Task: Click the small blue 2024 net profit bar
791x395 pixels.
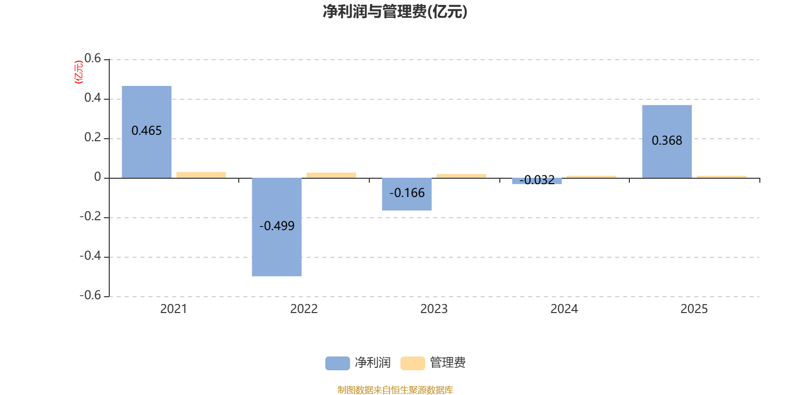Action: coord(537,181)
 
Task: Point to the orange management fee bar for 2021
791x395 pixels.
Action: coord(201,175)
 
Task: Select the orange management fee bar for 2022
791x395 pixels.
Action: coord(331,175)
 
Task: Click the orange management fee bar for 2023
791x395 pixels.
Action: coord(461,176)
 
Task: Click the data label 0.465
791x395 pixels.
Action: coord(146,131)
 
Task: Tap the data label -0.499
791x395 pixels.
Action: coord(276,226)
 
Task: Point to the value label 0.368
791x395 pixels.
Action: coord(667,141)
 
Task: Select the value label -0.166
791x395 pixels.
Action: coord(406,193)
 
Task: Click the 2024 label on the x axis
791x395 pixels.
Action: coord(564,309)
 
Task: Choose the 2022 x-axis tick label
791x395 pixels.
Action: coord(304,309)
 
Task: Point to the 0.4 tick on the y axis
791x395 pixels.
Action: coord(92,98)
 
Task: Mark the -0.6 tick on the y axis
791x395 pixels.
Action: coord(90,295)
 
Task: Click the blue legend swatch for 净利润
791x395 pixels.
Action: coord(337,363)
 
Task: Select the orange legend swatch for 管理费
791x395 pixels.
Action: coord(412,363)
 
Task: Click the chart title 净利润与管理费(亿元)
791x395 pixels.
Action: coord(395,11)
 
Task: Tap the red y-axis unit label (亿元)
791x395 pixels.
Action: coord(78,72)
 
